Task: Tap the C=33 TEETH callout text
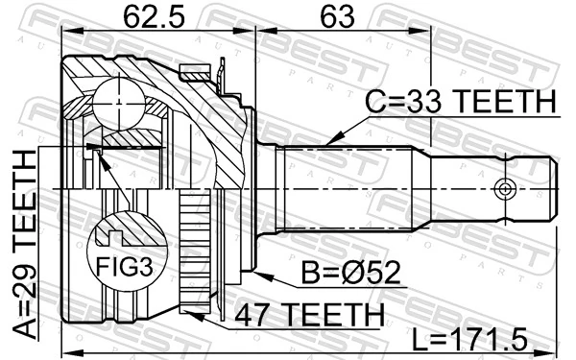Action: pos(460,102)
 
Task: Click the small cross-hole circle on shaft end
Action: pos(501,187)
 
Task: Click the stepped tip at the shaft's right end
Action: pos(541,187)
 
